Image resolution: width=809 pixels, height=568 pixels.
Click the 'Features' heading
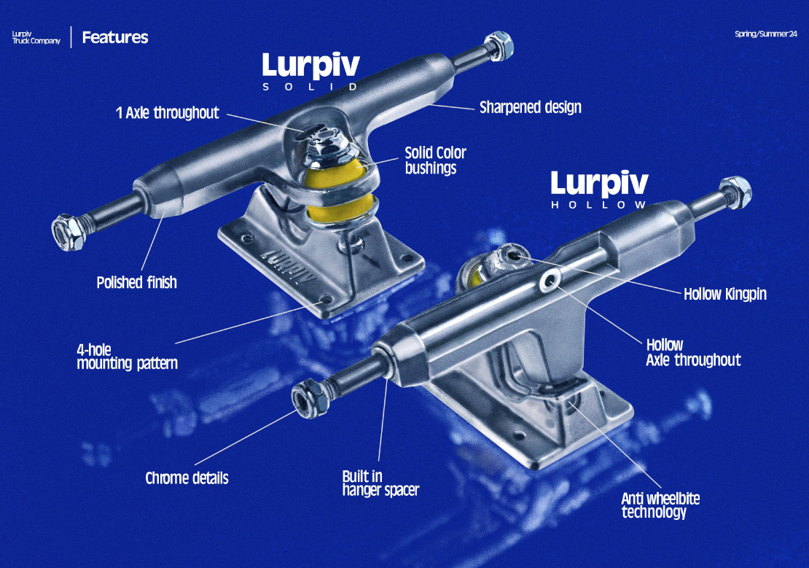[x=115, y=37]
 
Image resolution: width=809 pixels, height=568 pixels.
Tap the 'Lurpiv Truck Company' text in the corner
[x=36, y=37]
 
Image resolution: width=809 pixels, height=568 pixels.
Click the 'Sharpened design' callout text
[x=530, y=108]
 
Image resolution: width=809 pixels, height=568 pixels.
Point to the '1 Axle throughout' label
[x=167, y=113]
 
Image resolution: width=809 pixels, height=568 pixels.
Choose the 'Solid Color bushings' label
[x=435, y=160]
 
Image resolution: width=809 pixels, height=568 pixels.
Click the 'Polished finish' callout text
[x=136, y=282]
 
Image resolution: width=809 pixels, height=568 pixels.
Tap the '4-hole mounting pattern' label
[x=127, y=356]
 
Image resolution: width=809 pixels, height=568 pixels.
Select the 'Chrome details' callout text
[x=187, y=478]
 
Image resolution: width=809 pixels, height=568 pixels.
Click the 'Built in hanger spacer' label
[x=380, y=483]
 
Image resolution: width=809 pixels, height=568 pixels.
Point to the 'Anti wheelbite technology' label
[x=660, y=505]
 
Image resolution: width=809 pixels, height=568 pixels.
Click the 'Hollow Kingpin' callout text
[x=724, y=295]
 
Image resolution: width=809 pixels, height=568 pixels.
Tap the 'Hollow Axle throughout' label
[x=692, y=352]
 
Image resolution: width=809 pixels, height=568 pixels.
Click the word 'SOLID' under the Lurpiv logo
[x=310, y=86]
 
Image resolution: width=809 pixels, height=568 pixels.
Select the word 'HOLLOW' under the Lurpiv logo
[x=598, y=205]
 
